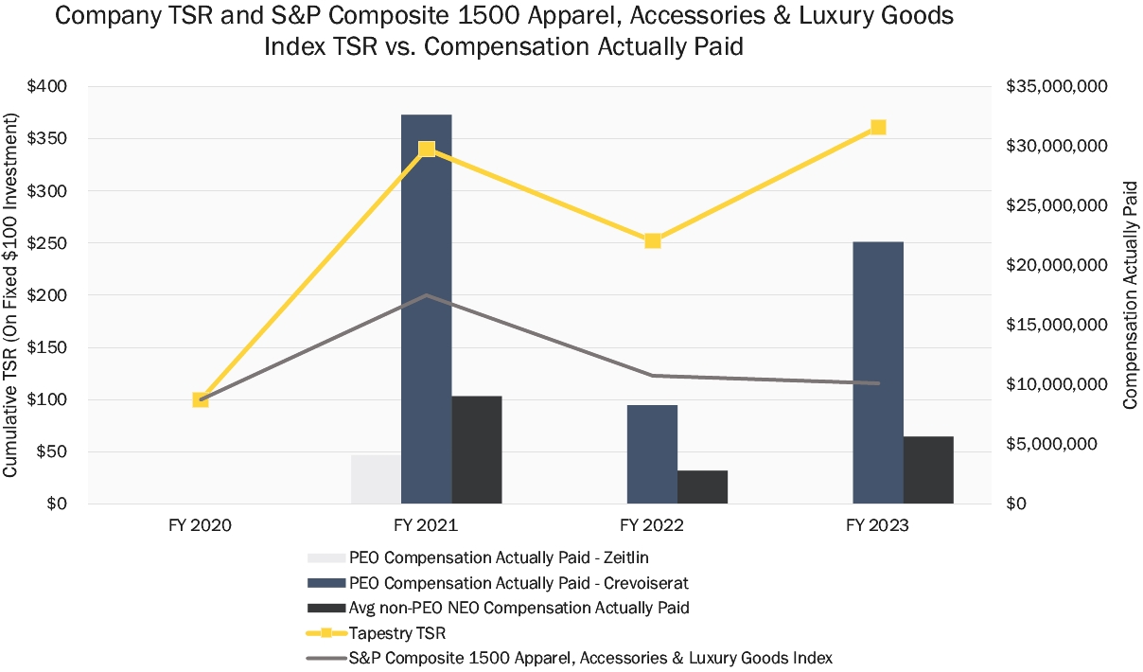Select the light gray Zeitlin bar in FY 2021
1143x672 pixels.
click(x=376, y=479)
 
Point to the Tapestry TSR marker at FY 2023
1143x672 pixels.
click(x=878, y=128)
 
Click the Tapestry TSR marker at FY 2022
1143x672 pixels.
click(x=652, y=240)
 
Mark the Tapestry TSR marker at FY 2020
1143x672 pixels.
click(x=201, y=399)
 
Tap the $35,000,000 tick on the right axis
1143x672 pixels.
click(x=1056, y=86)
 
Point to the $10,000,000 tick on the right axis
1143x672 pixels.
click(x=1056, y=384)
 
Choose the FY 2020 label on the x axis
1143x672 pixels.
click(x=201, y=524)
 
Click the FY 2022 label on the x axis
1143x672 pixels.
click(x=652, y=524)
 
